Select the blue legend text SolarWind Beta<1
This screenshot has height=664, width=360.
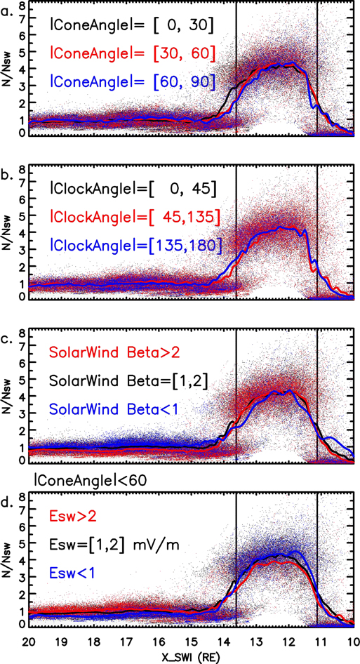pos(113,409)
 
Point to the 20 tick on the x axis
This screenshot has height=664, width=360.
pos(29,641)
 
